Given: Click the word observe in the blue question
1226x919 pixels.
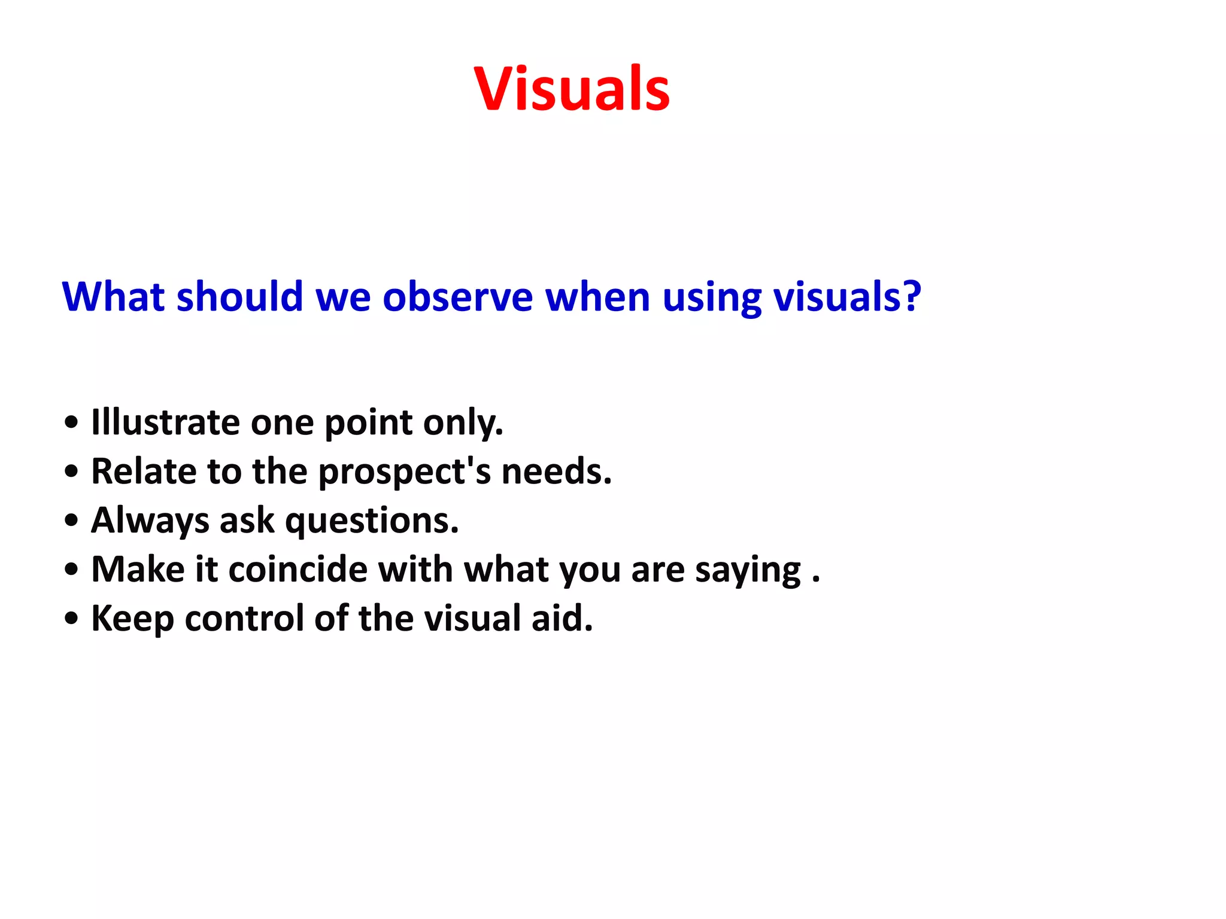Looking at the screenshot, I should tap(457, 297).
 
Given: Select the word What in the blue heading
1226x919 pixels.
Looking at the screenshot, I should tap(113, 297).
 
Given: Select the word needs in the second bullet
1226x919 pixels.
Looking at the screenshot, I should tap(555, 471).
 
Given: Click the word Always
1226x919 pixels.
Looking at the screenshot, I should tap(150, 521).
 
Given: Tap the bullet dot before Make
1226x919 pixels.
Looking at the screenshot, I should tap(71, 570).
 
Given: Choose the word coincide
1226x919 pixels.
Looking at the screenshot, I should tap(298, 569).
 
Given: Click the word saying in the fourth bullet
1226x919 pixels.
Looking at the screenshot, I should tap(748, 571).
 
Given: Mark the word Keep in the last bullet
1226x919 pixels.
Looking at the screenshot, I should tap(132, 619).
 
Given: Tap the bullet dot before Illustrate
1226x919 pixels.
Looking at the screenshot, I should tap(71, 422).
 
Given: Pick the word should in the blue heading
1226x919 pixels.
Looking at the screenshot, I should tap(239, 297).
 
